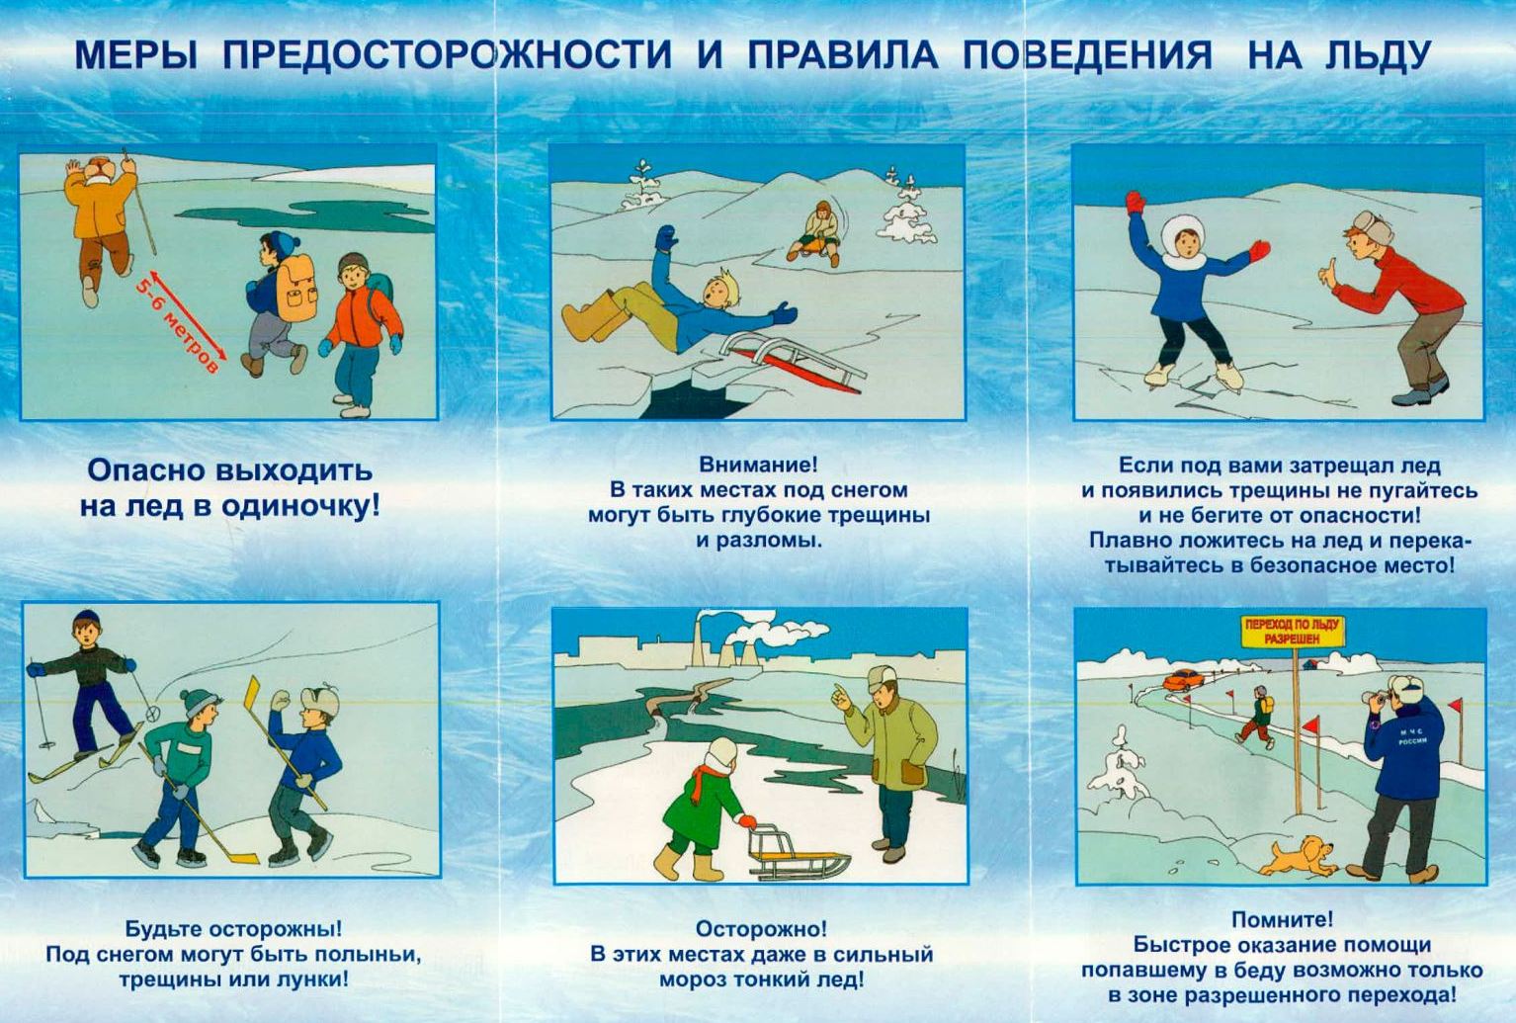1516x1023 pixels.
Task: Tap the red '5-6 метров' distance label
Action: click(178, 324)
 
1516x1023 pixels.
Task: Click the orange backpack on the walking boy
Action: click(296, 289)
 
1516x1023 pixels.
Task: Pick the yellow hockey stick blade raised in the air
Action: click(253, 693)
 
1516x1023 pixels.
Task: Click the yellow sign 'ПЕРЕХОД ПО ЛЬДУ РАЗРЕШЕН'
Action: click(1294, 631)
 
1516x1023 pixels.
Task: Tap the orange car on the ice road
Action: click(1182, 680)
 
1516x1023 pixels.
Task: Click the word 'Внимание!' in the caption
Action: click(758, 465)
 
